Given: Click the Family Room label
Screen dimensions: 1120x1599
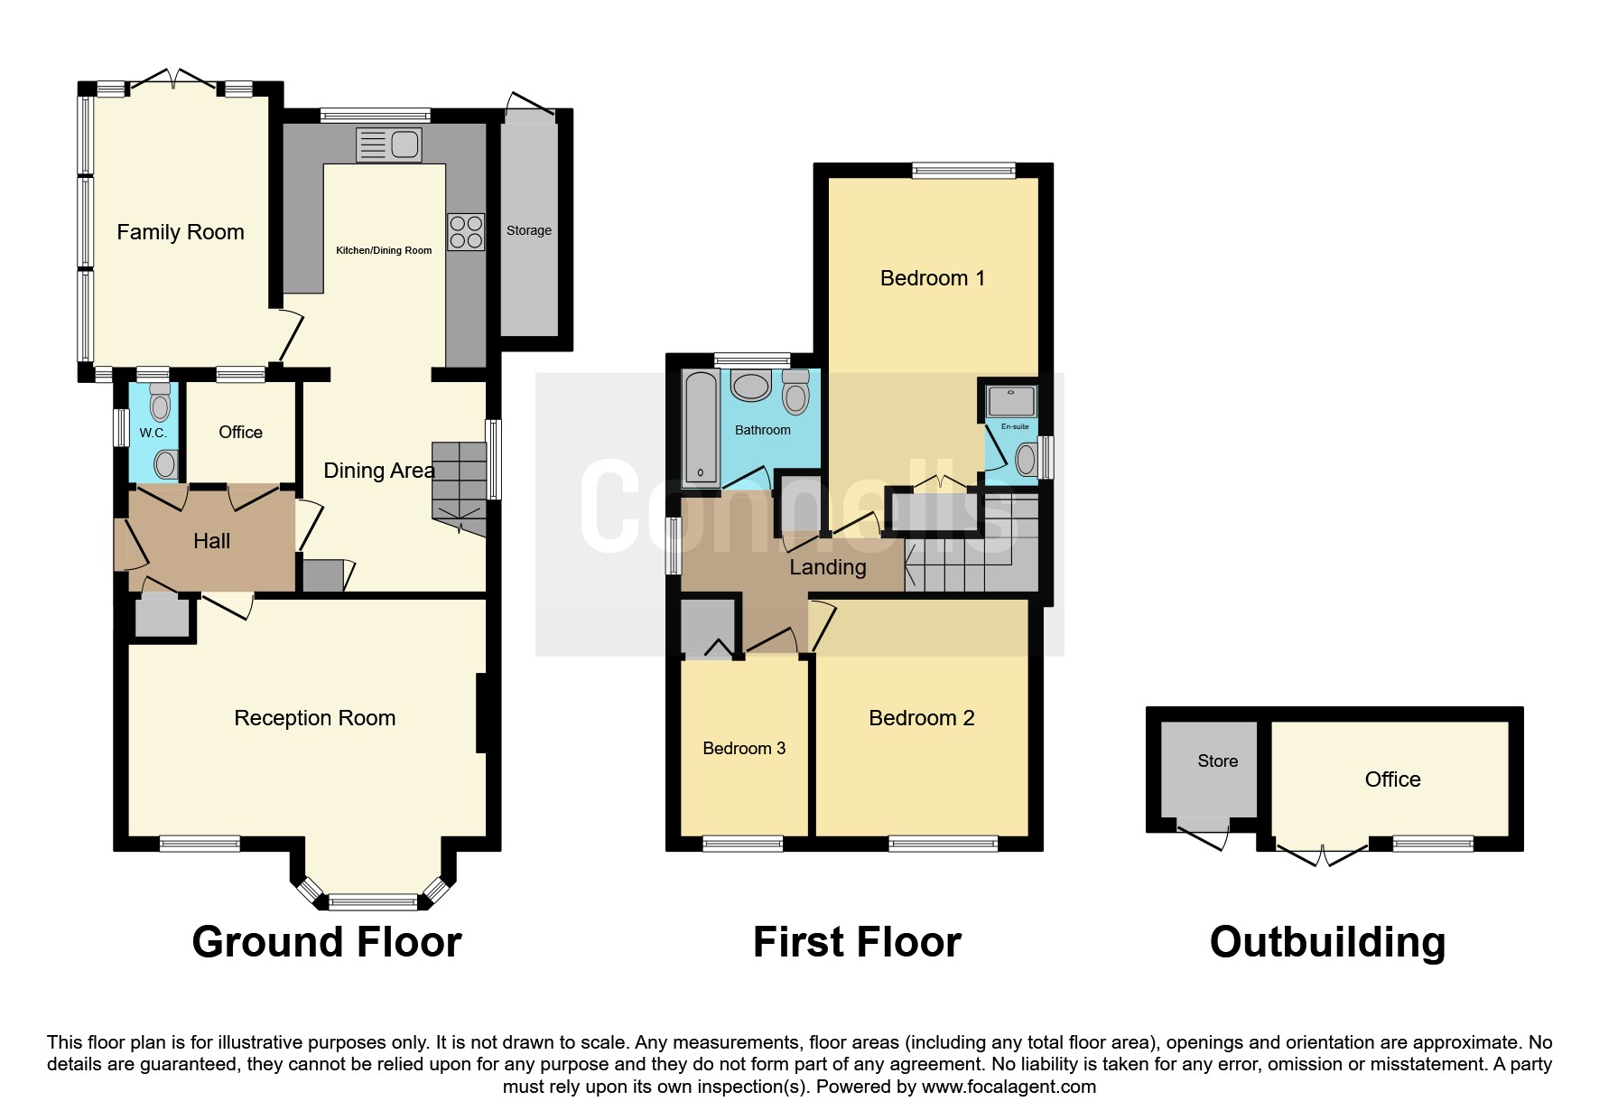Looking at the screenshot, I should tap(181, 232).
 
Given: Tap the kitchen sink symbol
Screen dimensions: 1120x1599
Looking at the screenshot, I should tap(389, 145).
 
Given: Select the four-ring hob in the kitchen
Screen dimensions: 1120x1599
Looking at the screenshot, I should tap(466, 232).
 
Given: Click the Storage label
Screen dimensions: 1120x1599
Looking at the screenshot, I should tap(529, 230).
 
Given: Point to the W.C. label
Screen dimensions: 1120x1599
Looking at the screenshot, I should tap(153, 433).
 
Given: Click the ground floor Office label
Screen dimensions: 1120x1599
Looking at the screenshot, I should tap(240, 432).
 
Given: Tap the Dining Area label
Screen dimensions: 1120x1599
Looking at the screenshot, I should tap(378, 471).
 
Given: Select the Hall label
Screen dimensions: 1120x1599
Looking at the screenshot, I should tap(211, 541).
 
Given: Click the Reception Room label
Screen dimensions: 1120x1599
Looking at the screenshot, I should tap(314, 718).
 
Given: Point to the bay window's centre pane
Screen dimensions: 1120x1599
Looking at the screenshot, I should tap(373, 901).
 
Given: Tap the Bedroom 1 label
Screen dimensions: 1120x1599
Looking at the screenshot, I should tap(932, 278).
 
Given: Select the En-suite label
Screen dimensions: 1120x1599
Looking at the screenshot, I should tap(1015, 426).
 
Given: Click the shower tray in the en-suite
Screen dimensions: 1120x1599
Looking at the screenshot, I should tap(1011, 400).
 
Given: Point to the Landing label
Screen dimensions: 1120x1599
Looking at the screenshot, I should tap(827, 567).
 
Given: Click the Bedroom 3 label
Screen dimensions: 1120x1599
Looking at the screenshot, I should tap(744, 749).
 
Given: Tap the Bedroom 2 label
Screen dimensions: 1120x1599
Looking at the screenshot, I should tap(921, 718).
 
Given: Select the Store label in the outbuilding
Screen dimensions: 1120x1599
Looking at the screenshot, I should tap(1217, 761).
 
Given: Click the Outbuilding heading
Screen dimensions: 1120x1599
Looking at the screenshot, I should tap(1326, 942).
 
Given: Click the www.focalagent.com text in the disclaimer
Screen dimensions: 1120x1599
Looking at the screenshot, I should tap(1009, 1087).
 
